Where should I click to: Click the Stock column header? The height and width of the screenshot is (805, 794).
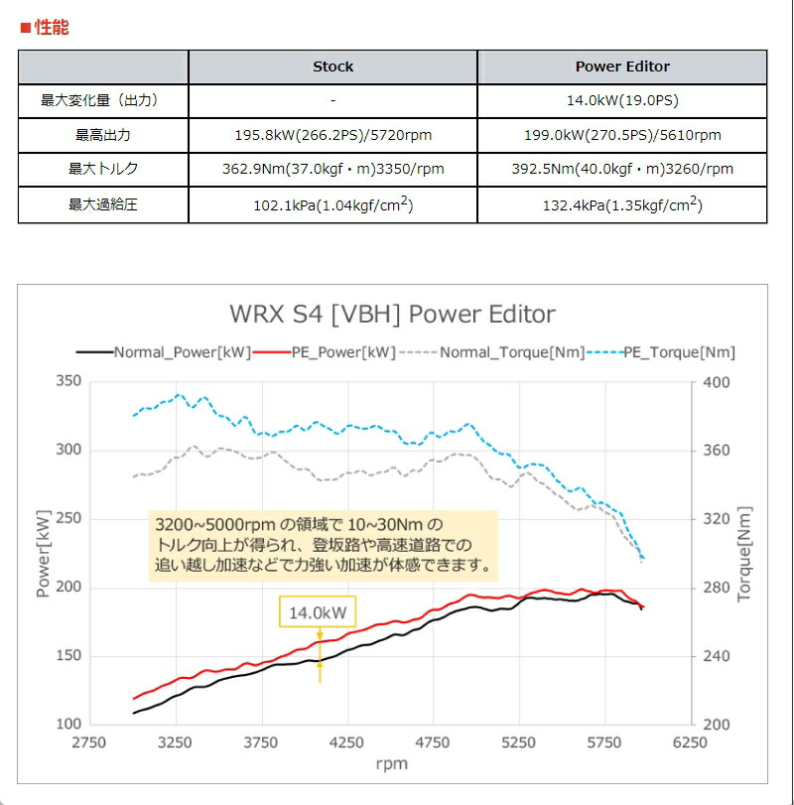click(x=332, y=67)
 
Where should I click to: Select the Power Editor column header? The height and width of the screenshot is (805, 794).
click(x=622, y=67)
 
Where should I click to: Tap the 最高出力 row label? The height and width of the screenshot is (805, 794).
click(x=103, y=135)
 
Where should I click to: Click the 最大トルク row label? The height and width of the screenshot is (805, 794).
click(x=103, y=169)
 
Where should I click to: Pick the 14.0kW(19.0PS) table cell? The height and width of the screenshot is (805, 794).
click(x=622, y=100)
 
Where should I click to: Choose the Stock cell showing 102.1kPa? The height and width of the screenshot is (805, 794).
click(x=332, y=205)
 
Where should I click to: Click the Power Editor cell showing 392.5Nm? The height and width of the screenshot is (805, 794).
click(x=622, y=169)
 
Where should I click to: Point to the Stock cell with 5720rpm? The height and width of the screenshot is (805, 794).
click(x=332, y=135)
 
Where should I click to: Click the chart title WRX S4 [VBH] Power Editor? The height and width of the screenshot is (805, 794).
click(x=392, y=315)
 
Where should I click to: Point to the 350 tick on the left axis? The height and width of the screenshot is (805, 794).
click(x=68, y=381)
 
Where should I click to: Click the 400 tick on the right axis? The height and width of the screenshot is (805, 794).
click(x=716, y=383)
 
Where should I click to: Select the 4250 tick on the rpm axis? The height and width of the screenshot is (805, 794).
click(x=347, y=741)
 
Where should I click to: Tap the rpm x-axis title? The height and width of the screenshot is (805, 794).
click(x=391, y=764)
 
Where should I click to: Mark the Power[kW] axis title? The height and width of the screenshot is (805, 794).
click(x=43, y=552)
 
